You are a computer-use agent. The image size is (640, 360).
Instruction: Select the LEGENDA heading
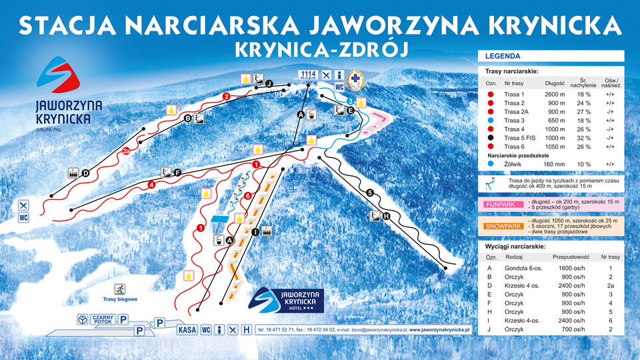[503, 57]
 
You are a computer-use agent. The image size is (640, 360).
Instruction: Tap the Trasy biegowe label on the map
[120, 299]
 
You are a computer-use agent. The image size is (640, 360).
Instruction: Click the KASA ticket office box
[187, 329]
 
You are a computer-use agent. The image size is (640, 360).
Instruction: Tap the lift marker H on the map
[385, 216]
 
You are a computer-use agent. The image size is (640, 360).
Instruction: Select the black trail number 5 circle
[369, 193]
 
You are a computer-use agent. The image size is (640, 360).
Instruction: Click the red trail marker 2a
[126, 151]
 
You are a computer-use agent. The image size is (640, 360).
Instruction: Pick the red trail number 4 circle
[152, 185]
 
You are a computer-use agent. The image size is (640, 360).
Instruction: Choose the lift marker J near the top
[269, 84]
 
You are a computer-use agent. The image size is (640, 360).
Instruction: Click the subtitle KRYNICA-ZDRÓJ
[320, 49]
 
